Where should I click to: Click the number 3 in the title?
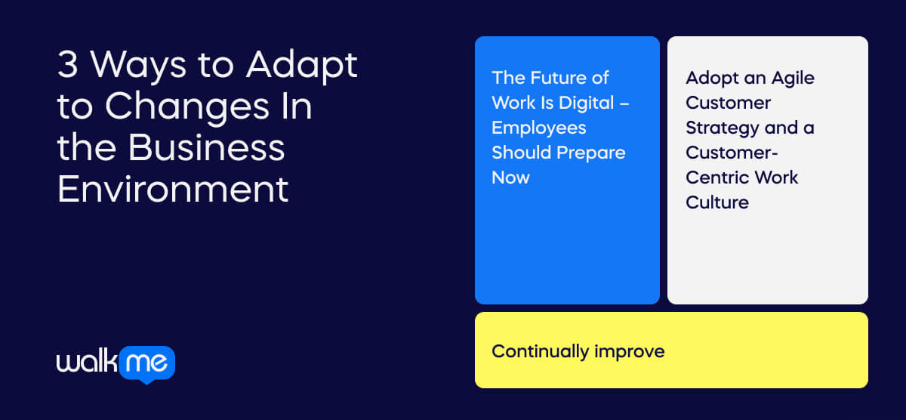(x=68, y=66)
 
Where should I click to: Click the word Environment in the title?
(x=173, y=188)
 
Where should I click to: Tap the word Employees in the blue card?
(x=538, y=128)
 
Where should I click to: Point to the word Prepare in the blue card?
(x=591, y=153)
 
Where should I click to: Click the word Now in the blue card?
(x=510, y=178)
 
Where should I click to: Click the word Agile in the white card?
(x=792, y=78)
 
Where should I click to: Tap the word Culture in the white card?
(x=716, y=202)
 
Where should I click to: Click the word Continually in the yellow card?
(x=540, y=351)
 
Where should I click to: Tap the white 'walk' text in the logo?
(x=87, y=363)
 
